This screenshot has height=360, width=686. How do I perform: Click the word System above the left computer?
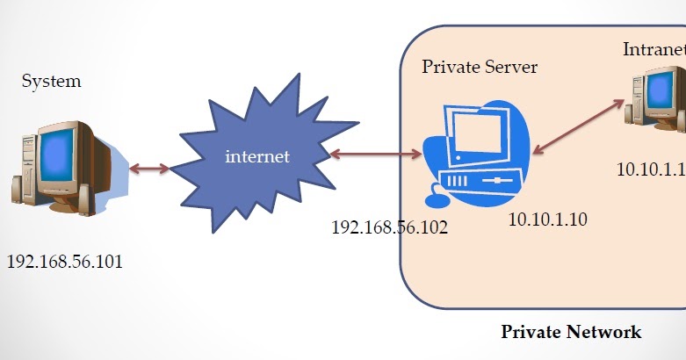pos(51,82)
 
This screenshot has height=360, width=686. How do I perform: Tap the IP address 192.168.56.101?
pos(65,262)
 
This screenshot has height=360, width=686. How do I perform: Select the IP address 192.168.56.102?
pos(389,227)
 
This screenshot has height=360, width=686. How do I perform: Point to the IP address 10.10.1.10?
pos(547,219)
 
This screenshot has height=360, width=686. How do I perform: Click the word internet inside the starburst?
pos(257,157)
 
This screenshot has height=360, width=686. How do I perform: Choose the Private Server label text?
pos(480,67)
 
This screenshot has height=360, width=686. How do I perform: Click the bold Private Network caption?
pos(571,332)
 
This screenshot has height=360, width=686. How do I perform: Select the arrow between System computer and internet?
pos(149,167)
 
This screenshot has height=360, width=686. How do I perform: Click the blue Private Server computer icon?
pos(479,149)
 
